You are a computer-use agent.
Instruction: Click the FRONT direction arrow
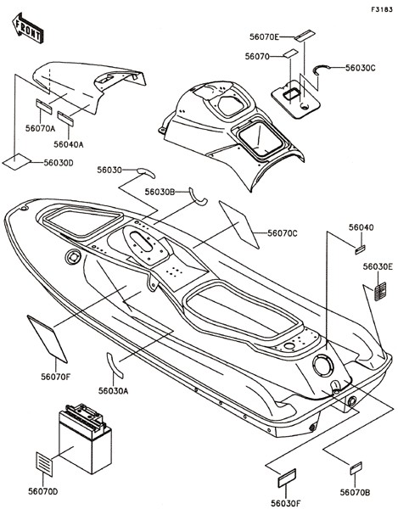pos(28,28)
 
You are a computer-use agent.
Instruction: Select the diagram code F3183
pos(382,9)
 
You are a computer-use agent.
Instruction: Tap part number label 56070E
pos(264,37)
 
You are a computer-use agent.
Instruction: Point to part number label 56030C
pos(360,68)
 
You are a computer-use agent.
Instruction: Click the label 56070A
pos(40,129)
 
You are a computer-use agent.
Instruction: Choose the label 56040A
pos(69,144)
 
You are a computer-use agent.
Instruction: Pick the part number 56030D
pos(59,162)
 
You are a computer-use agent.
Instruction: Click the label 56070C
pos(282,233)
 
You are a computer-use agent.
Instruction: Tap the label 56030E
pos(378,266)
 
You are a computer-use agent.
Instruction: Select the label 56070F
pos(55,377)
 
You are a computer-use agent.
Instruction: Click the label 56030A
pos(114,391)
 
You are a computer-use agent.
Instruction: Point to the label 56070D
pos(42,492)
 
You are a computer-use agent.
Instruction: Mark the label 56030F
pos(286,503)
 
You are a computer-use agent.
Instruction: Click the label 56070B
pos(355,492)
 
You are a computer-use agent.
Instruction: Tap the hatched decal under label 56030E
pos(380,292)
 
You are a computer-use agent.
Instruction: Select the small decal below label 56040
pos(360,249)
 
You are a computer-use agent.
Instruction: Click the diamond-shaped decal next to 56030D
pos(17,162)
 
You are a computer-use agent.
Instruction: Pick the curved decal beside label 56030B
pos(198,198)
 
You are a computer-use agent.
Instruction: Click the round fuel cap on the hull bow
pos(73,257)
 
